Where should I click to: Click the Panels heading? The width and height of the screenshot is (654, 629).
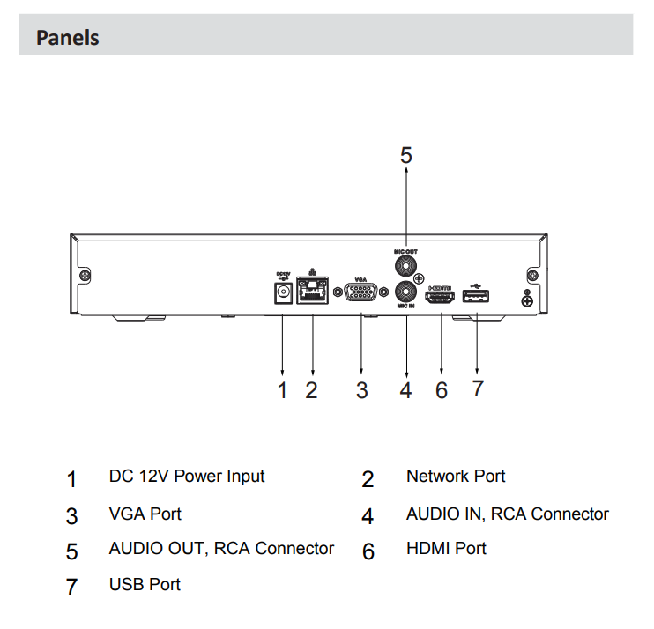tap(67, 38)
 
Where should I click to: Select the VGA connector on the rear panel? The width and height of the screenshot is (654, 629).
tap(361, 292)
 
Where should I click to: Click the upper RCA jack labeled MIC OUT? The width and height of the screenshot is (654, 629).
tap(406, 268)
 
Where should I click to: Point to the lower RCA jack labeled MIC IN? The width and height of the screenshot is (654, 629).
tap(406, 292)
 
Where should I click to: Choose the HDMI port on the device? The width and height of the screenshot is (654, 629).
tap(441, 298)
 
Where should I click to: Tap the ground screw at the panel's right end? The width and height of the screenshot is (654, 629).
tap(527, 301)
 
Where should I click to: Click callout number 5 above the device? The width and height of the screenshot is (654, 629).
tap(405, 156)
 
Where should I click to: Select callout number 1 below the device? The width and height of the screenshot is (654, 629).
tap(283, 390)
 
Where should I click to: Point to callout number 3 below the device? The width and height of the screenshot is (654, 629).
tap(361, 390)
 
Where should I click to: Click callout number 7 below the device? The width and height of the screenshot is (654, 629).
tap(477, 388)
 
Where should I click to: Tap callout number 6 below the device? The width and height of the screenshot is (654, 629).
tap(441, 390)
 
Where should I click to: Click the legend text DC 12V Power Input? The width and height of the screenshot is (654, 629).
tap(187, 477)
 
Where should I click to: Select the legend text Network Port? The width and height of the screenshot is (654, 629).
tap(456, 477)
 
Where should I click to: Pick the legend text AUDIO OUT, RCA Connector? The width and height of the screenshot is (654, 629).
tap(221, 549)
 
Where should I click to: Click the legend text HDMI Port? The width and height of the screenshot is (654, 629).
tap(446, 549)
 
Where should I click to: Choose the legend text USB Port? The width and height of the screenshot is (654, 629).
tap(145, 584)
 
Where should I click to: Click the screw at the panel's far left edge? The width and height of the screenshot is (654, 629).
tap(85, 275)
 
